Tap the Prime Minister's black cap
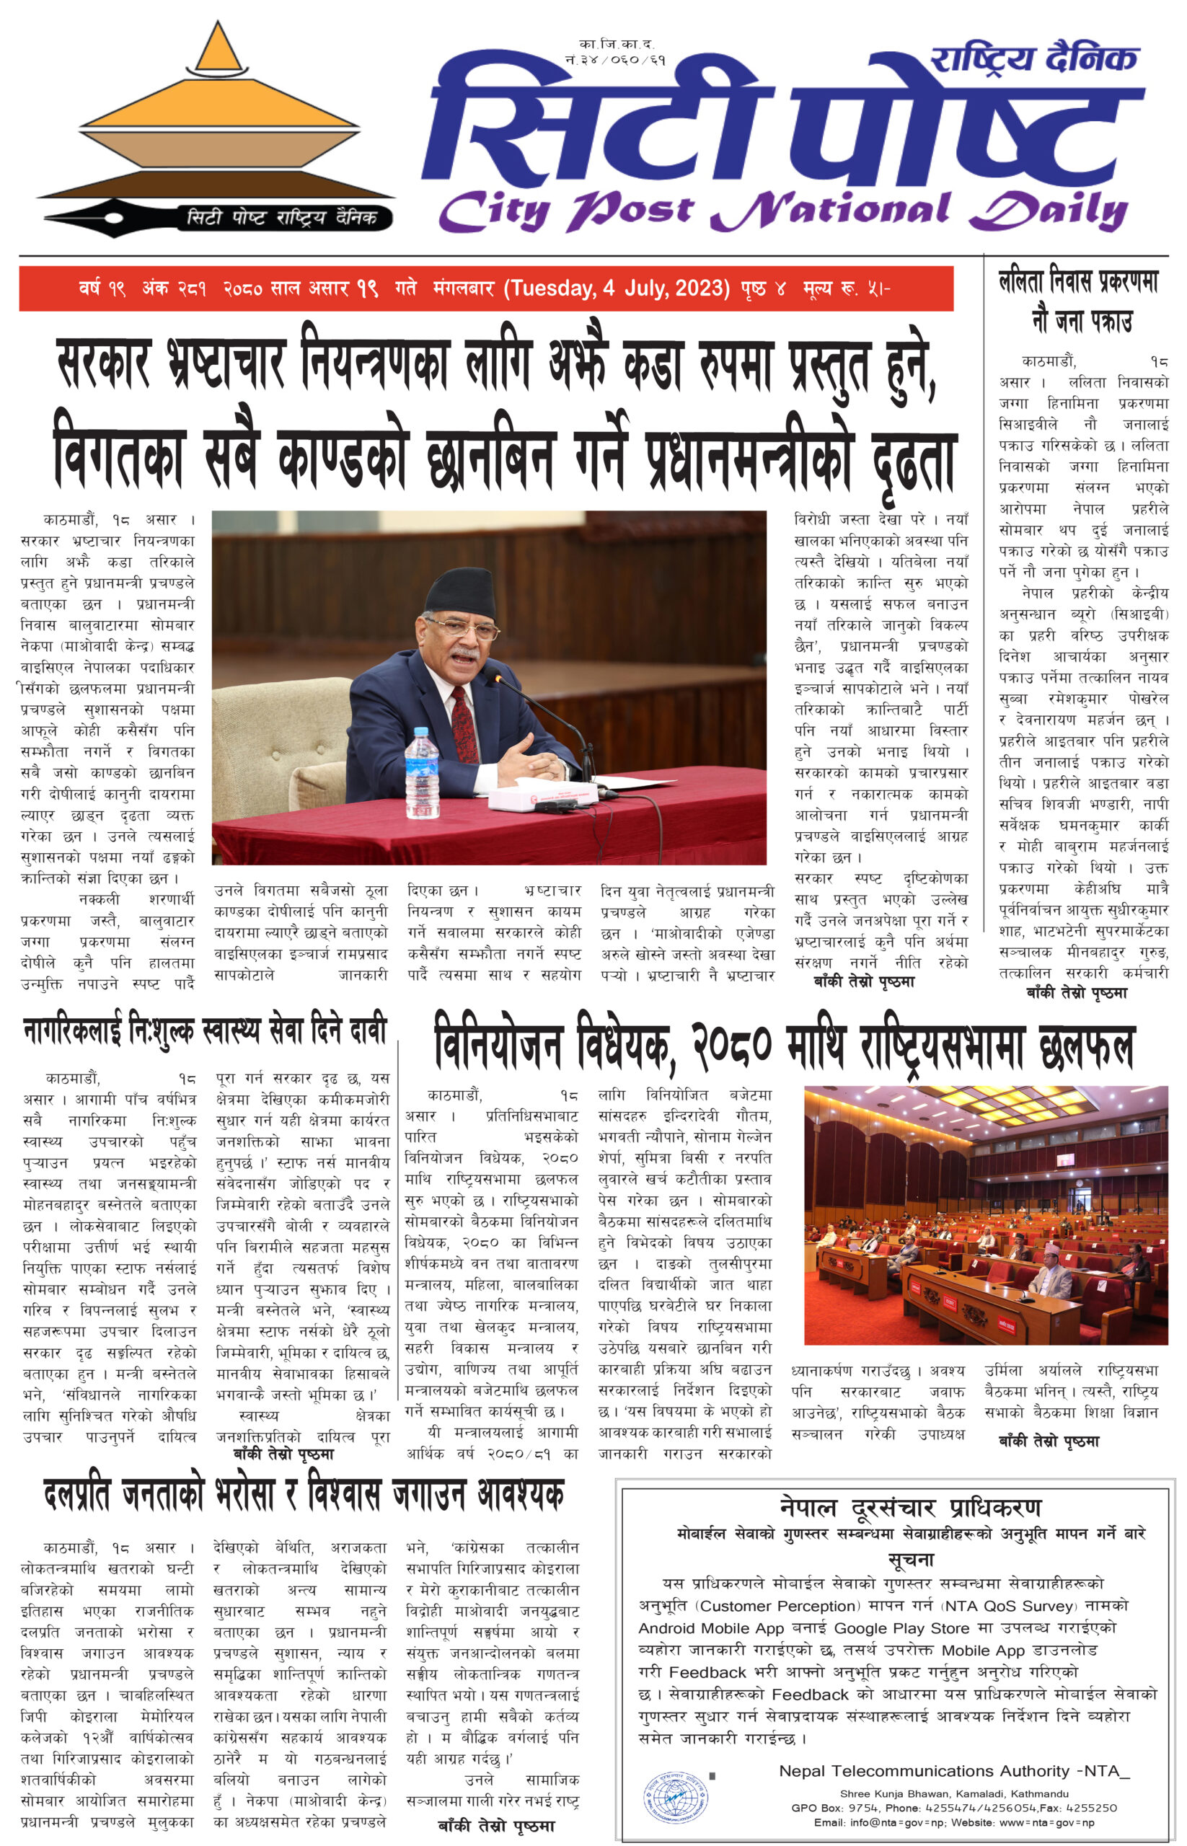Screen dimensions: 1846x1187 460,592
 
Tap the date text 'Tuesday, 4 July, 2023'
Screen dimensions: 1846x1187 617,288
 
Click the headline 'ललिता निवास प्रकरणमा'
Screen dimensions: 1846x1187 1077,281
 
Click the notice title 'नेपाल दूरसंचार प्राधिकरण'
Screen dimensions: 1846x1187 910,1507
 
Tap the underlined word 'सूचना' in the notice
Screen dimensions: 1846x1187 910,1559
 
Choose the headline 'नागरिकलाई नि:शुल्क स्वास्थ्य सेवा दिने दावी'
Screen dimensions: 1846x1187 204,1031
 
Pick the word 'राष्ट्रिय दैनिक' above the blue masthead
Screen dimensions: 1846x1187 1034,59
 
